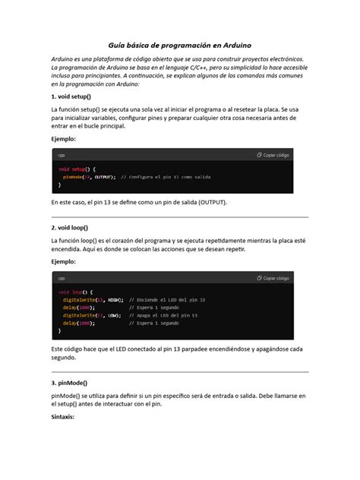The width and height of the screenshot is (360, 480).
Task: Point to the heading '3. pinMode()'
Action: pyautogui.click(x=68, y=384)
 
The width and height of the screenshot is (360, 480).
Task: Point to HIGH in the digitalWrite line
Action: pyautogui.click(x=115, y=299)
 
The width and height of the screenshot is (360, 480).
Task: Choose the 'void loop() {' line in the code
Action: pyautogui.click(x=75, y=291)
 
